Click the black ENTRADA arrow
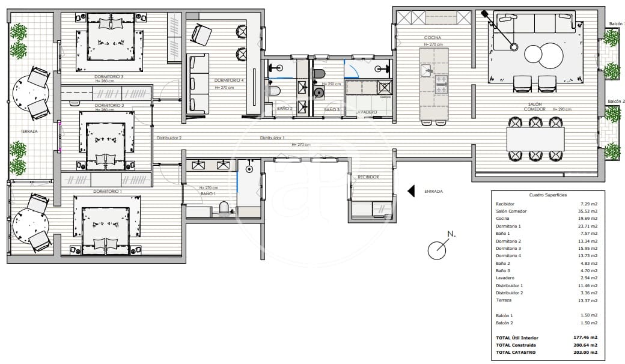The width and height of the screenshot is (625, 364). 412,191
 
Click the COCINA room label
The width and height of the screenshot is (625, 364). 433,38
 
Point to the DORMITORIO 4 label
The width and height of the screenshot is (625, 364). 229,80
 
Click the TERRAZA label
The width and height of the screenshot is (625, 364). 28,131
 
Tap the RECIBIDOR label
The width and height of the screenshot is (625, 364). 368,177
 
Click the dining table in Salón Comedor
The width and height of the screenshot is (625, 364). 535,139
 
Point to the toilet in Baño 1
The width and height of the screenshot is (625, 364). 225,207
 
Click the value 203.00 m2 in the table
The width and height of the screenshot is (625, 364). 585,353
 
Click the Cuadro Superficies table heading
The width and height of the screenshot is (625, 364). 546,196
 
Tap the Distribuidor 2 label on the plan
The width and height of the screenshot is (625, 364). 169,138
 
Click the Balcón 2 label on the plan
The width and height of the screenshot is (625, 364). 615,102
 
